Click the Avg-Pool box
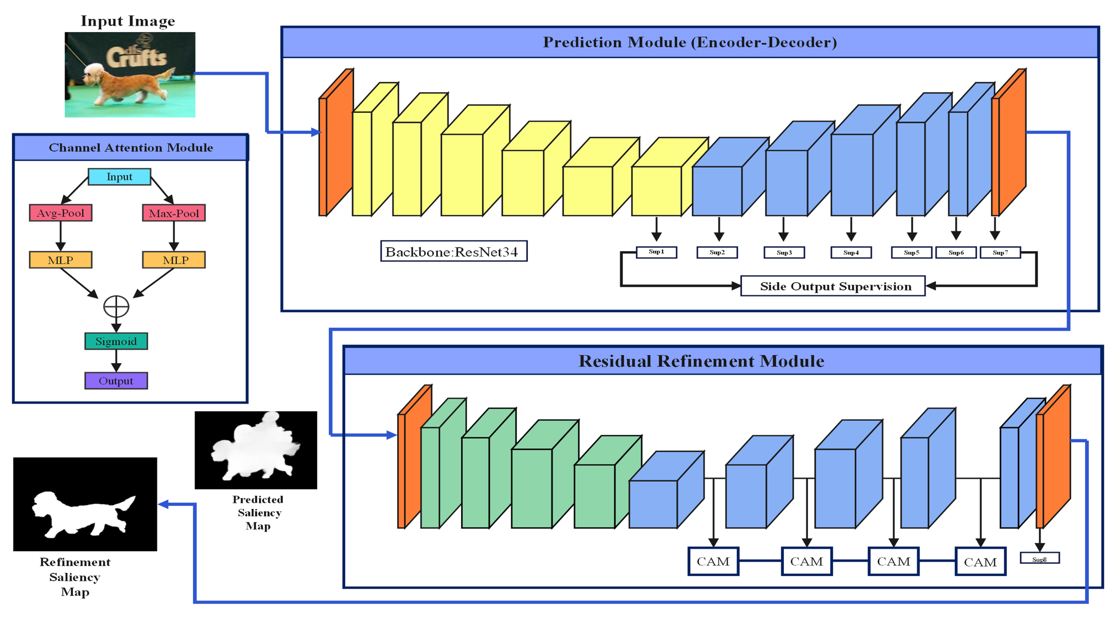click(60, 213)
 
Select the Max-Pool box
click(173, 213)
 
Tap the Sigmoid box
click(116, 341)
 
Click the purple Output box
click(116, 380)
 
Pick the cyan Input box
click(119, 177)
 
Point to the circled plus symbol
click(116, 306)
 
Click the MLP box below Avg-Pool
click(60, 260)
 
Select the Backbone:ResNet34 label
click(453, 251)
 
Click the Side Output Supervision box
click(832, 286)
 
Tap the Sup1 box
click(656, 252)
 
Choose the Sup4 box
click(851, 252)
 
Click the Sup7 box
click(1000, 252)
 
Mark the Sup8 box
click(1039, 558)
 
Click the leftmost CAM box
click(713, 561)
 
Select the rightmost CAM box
click(980, 562)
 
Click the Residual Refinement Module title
click(701, 361)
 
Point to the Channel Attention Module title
click(131, 147)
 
